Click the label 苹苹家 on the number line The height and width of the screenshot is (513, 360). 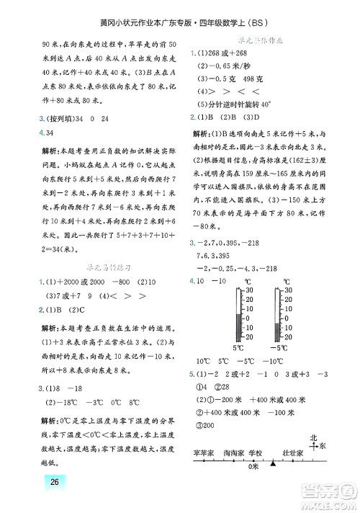tap(205, 452)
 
